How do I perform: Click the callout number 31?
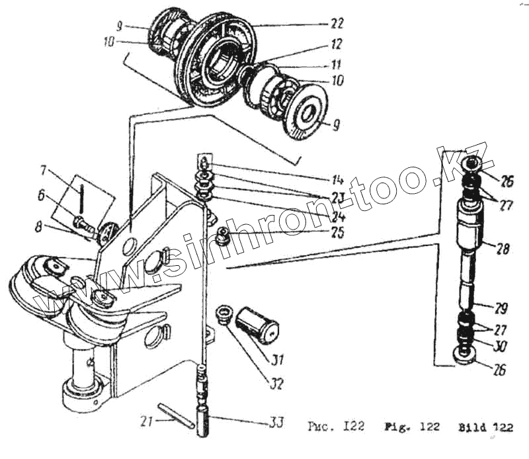point(276,360)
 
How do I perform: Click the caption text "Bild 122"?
point(485,427)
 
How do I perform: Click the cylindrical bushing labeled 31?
point(258,324)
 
